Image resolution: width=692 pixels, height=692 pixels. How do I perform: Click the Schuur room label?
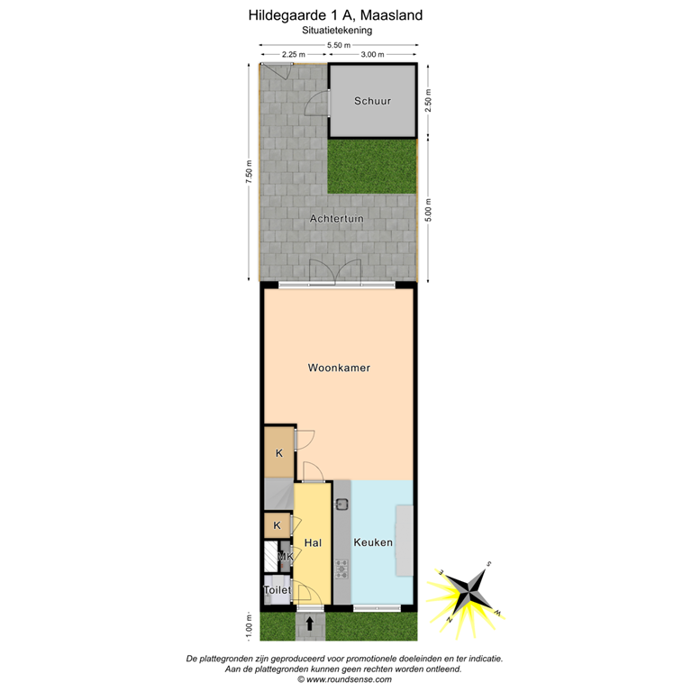pos(372,101)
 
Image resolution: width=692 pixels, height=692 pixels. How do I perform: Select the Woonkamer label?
pos(339,368)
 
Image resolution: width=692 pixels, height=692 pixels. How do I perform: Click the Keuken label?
pos(373,542)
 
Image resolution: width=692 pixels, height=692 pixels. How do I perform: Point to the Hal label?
pos(313,542)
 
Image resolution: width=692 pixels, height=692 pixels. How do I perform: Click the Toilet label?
pos(277,590)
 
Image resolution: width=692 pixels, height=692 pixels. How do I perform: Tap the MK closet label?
pos(284,557)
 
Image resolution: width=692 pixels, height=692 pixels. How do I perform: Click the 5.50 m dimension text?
pos(338,45)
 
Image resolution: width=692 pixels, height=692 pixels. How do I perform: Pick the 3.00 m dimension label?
pos(372,55)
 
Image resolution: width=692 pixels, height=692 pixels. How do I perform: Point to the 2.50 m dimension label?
pos(429,101)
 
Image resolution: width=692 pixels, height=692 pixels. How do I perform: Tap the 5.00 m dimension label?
pos(429,209)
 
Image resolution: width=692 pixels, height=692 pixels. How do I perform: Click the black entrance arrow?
pos(310,623)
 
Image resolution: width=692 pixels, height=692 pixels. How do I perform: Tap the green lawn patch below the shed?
pos(371,166)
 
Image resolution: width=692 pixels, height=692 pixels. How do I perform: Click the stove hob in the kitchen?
pos(342,569)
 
